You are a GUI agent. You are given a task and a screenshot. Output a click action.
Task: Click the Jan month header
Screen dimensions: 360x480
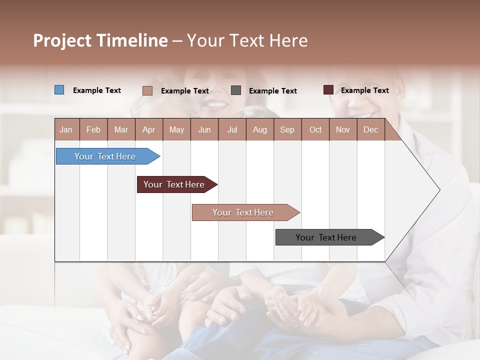66,129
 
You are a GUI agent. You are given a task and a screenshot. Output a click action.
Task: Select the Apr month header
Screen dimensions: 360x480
149,129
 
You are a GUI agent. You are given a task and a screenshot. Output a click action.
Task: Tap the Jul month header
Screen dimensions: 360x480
232,129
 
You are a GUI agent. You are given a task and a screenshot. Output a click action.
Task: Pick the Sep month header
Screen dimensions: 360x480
287,129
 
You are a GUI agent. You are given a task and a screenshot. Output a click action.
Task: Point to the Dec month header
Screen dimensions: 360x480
370,129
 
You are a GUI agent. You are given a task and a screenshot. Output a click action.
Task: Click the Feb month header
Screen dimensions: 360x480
93,129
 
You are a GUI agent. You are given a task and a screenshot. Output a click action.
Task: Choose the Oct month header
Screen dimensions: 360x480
315,129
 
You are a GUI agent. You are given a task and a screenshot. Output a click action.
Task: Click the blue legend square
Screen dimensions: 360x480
59,90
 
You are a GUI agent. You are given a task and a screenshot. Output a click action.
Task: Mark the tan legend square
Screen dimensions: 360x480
147,90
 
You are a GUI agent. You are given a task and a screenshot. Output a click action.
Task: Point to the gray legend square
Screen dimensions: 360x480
236,90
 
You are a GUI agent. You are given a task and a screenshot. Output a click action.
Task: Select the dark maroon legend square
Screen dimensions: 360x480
328,90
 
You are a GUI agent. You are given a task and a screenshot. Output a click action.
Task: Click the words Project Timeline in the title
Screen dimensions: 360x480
100,40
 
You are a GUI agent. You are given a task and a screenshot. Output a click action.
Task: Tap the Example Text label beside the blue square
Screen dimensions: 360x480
97,90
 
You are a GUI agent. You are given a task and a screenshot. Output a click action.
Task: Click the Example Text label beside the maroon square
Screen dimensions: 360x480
364,90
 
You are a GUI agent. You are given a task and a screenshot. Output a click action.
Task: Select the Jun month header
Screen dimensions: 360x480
204,129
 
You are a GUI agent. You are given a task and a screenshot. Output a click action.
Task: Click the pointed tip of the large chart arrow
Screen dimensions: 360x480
438,190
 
